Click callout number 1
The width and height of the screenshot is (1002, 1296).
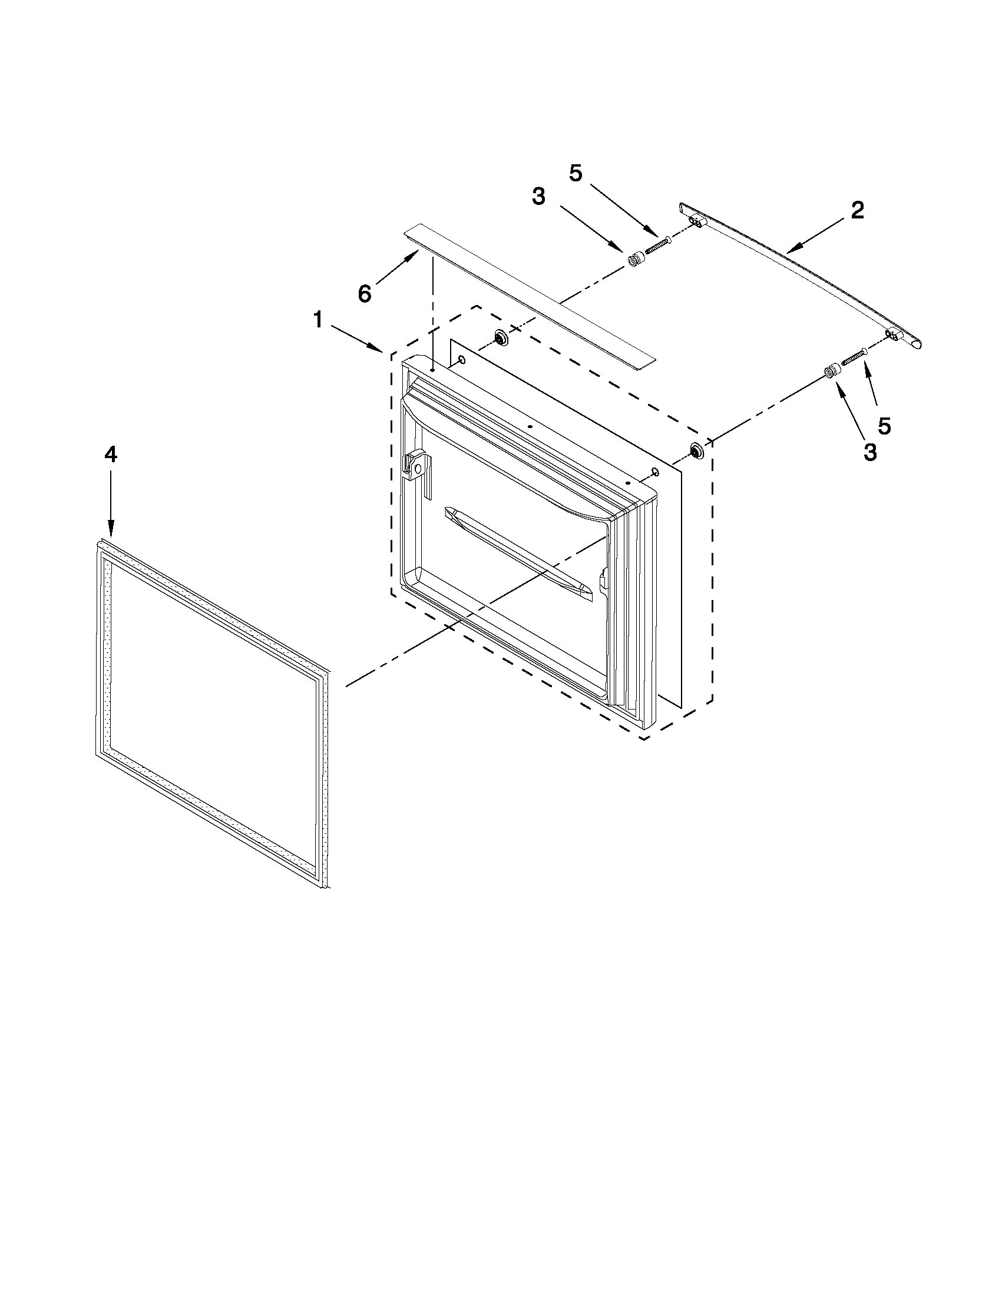click(318, 321)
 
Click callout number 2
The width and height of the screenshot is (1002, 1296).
click(857, 211)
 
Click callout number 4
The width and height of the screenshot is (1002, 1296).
click(110, 455)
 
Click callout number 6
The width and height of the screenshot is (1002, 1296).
click(364, 293)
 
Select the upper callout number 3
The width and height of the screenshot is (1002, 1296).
click(538, 197)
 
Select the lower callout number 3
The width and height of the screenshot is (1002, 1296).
click(869, 453)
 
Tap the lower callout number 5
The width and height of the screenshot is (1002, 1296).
click(884, 426)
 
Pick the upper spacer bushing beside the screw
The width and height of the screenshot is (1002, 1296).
click(636, 259)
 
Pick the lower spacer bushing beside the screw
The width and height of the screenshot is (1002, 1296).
click(832, 371)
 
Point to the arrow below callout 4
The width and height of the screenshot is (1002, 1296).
click(110, 505)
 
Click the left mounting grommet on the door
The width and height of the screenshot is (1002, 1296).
click(500, 339)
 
